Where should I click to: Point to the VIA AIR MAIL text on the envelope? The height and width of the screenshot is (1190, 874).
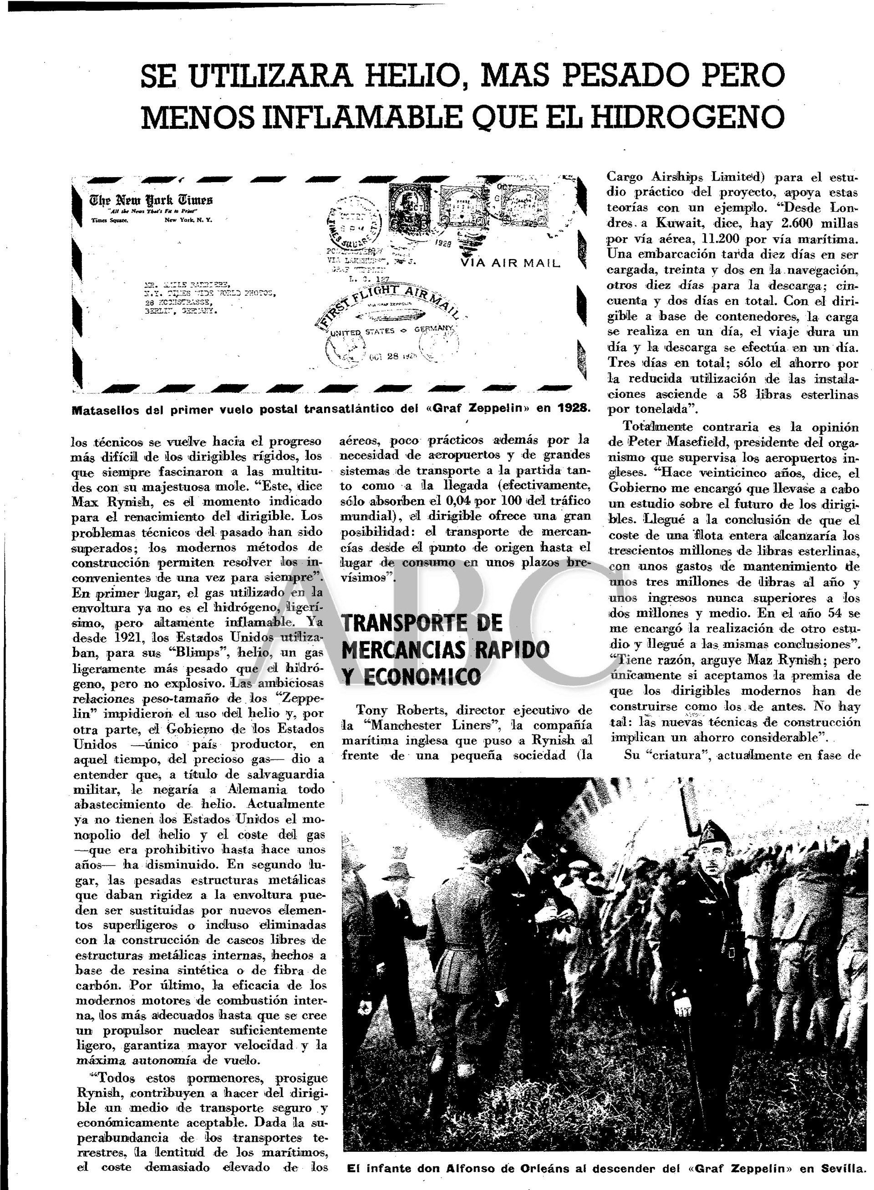pyautogui.click(x=510, y=263)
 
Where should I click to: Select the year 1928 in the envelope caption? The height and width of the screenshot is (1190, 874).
pyautogui.click(x=572, y=408)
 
